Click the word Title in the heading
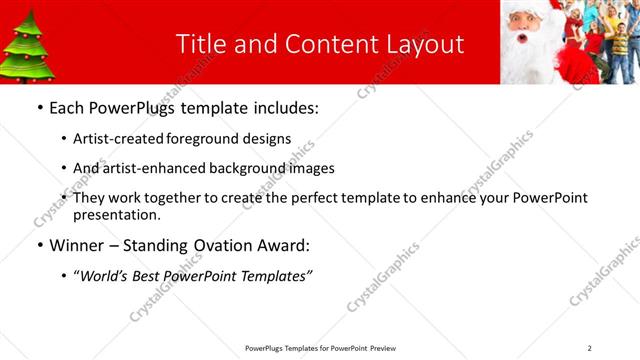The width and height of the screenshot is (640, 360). tap(200, 44)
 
